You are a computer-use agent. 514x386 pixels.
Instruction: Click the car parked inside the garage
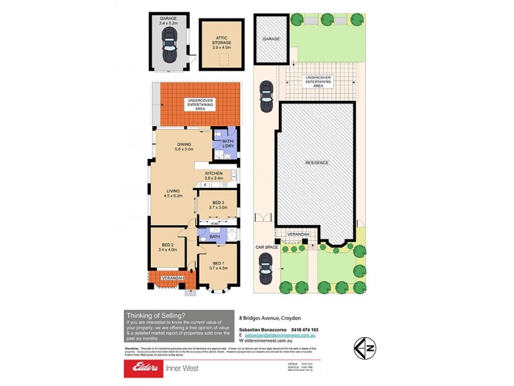[x=170, y=45]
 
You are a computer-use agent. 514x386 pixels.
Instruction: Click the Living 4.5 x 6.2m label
[x=173, y=194]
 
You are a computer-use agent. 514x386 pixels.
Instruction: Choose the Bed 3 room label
[x=220, y=205]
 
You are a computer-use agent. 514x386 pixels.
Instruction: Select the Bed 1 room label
[x=218, y=265]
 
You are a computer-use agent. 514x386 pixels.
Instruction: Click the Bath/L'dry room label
[x=228, y=144]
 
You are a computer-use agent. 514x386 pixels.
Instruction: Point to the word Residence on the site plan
[x=317, y=163]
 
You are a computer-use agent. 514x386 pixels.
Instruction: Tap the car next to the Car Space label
[x=265, y=264]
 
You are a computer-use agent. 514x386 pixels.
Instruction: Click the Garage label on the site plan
[x=270, y=39]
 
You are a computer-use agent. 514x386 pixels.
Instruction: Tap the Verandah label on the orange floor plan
[x=173, y=277]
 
